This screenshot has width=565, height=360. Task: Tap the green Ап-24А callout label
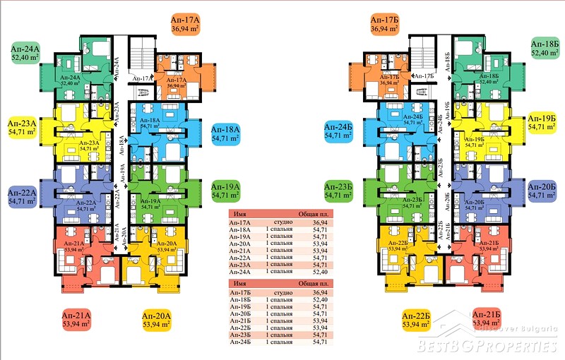(25, 53)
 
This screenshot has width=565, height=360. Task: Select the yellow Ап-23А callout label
(23, 126)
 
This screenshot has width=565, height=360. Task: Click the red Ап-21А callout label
(76, 320)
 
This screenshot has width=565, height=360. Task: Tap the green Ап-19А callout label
(227, 191)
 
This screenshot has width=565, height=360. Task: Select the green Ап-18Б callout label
(545, 48)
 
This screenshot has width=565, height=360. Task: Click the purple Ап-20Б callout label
(543, 191)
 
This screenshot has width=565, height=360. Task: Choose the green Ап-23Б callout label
(339, 191)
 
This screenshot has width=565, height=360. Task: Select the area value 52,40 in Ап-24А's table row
(320, 271)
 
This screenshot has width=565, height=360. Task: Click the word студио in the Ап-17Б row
(279, 293)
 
